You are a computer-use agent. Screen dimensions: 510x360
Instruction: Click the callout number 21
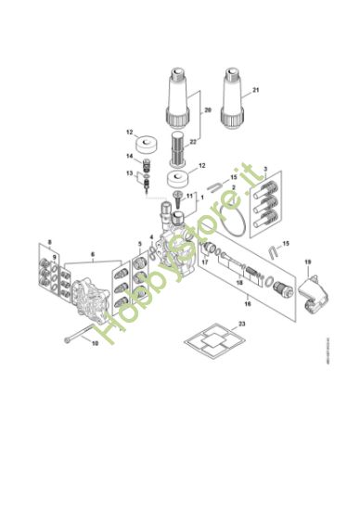pyautogui.click(x=257, y=89)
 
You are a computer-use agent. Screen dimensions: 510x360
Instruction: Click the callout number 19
pyautogui.click(x=308, y=262)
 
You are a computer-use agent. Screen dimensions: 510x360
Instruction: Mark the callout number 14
pyautogui.click(x=130, y=158)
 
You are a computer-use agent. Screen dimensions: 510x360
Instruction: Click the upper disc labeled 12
pyautogui.click(x=146, y=146)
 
